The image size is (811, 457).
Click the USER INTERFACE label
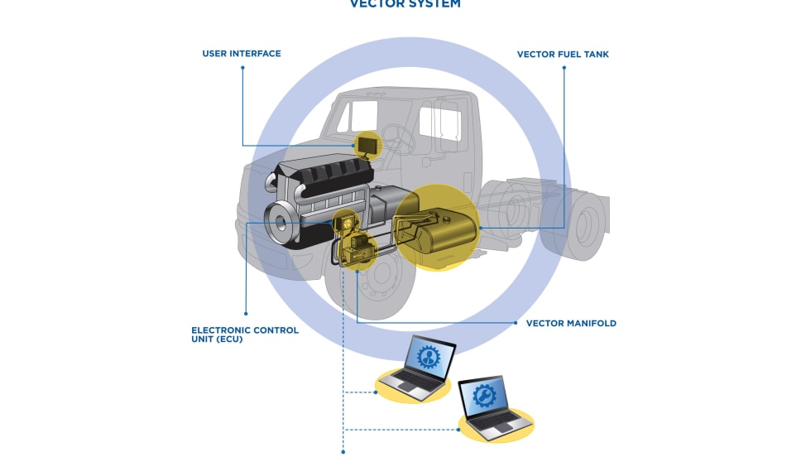(x=242, y=54)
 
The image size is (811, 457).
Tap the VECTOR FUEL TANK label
(x=563, y=55)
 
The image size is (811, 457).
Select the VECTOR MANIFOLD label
(x=571, y=324)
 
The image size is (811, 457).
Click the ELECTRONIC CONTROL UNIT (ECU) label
(x=245, y=334)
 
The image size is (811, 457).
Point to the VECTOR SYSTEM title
(x=405, y=4)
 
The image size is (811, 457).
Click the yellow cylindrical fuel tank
(x=439, y=229)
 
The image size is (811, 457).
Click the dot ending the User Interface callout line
(x=242, y=68)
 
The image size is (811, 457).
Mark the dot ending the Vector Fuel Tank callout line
(x=564, y=68)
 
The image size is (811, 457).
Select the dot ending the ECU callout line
(x=246, y=313)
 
